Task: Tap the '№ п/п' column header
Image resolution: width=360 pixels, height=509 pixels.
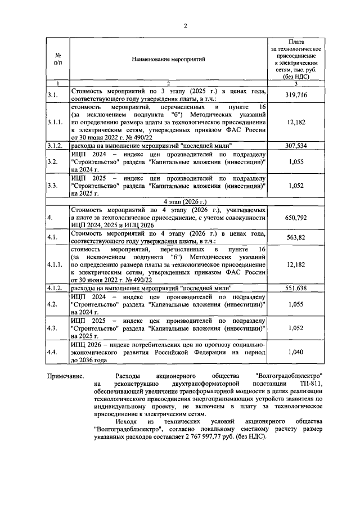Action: [x=58, y=58]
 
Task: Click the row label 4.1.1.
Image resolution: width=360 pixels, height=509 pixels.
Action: [x=56, y=263]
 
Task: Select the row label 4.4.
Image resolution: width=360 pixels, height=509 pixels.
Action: [x=52, y=352]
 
